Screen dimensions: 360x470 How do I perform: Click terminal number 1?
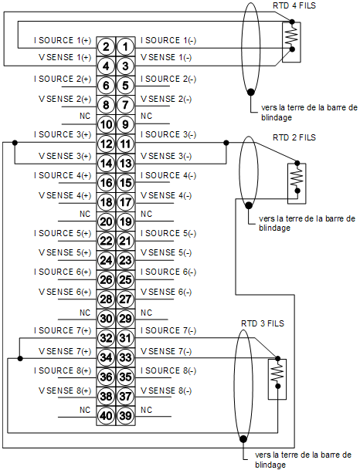[x=125, y=47]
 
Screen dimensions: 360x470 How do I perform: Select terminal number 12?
[x=106, y=144]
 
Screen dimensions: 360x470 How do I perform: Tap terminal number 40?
[x=106, y=416]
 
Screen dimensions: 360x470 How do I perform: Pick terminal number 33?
[x=125, y=357]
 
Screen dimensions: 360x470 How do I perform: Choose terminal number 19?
[x=125, y=221]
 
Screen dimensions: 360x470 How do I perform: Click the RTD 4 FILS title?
[x=294, y=5]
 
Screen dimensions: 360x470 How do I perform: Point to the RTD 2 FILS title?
[x=294, y=137]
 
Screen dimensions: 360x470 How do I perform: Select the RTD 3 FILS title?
[x=263, y=323]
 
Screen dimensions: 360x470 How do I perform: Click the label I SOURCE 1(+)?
[x=63, y=40]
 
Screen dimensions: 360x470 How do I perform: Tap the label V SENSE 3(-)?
[x=166, y=156]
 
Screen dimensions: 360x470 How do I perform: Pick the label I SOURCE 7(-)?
[x=168, y=330]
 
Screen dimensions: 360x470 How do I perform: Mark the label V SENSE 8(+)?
[x=65, y=391]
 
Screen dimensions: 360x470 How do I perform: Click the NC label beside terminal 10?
[x=85, y=116]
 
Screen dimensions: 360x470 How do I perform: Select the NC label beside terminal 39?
[x=147, y=410]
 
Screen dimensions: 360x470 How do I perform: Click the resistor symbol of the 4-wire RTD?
[x=292, y=36]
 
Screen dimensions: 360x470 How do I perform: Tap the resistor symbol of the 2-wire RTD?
[x=297, y=177]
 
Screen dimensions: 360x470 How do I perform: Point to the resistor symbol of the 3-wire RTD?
[x=278, y=373]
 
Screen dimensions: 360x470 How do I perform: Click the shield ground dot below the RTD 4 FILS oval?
[x=251, y=92]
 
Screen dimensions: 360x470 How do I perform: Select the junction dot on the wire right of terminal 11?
[x=226, y=143]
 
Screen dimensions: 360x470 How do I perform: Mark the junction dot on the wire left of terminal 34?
[x=20, y=358]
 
